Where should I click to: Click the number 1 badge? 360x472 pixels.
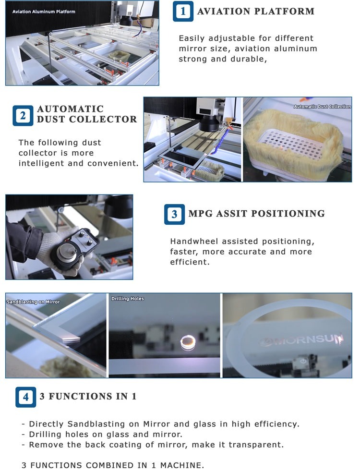coord(183,12)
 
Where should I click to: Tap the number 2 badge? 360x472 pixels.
coord(23,116)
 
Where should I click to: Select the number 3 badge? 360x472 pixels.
coord(174,214)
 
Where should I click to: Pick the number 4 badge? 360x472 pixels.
coord(25,397)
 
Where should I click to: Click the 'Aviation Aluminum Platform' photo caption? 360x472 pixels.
coord(44,12)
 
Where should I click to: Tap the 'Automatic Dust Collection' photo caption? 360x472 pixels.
coord(322,107)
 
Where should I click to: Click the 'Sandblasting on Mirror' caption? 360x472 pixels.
coord(33,302)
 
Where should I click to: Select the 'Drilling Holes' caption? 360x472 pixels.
coord(128,299)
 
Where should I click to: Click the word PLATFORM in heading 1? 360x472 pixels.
coord(285,12)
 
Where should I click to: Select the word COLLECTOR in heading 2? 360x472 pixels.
coord(103,119)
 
